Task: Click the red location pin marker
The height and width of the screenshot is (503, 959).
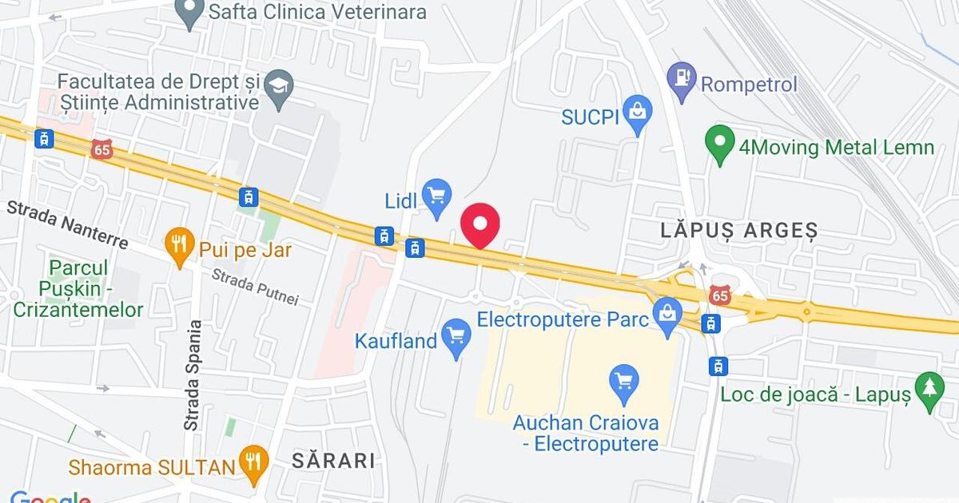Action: pyautogui.click(x=480, y=224)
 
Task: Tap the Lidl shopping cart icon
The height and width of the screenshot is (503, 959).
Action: pyautogui.click(x=436, y=196)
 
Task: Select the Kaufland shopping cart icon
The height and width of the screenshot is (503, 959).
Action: pyautogui.click(x=456, y=336)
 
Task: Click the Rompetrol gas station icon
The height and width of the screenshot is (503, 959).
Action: pyautogui.click(x=682, y=80)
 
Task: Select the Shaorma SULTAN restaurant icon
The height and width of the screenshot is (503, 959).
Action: pyautogui.click(x=254, y=463)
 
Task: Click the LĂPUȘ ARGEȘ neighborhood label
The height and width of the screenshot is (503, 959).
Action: pyautogui.click(x=739, y=231)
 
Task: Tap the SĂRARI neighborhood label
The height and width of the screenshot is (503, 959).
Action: pyautogui.click(x=333, y=460)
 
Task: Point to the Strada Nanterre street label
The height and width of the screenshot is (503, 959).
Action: pyautogui.click(x=68, y=224)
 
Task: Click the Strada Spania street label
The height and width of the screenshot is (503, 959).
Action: pyautogui.click(x=192, y=376)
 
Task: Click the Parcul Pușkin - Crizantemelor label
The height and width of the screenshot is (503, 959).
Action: pyautogui.click(x=78, y=288)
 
